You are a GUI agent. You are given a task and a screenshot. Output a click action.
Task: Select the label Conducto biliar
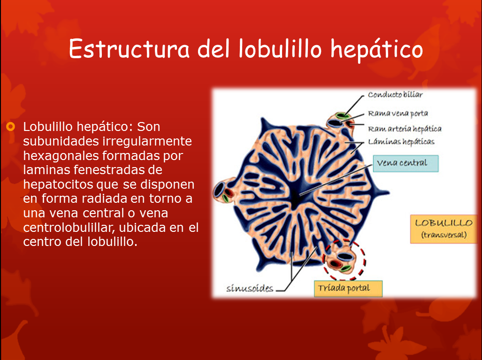[x=395, y=95]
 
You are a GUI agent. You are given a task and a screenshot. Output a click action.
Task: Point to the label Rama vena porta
[x=398, y=114]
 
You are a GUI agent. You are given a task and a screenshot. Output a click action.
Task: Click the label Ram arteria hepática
[x=404, y=129]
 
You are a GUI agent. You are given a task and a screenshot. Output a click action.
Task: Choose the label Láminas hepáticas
[x=401, y=141]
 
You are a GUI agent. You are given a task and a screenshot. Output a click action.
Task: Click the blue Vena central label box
[x=406, y=163]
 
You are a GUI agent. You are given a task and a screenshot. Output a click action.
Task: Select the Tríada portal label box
[x=348, y=289]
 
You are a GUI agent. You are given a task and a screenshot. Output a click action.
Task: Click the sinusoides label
[x=250, y=288]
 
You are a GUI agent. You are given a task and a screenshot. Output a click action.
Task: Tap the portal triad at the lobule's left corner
[x=223, y=192]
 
